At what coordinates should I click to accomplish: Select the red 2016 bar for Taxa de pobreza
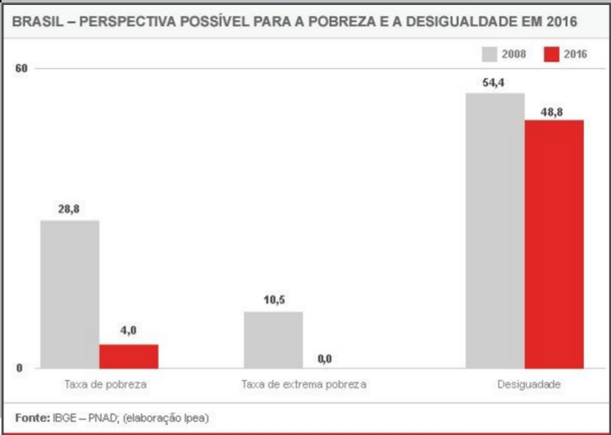tap(129, 356)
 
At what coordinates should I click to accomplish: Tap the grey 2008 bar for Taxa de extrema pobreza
tap(273, 340)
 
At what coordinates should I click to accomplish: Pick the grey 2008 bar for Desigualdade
tap(495, 230)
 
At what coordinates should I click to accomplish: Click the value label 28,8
tap(69, 210)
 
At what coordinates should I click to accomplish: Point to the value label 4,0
tap(128, 331)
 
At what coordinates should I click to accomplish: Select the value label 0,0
tap(325, 358)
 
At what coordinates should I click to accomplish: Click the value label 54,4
tap(494, 82)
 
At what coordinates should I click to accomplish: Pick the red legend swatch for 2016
tap(551, 54)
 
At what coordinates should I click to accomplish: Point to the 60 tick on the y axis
tap(22, 68)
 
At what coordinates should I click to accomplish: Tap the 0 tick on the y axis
tap(20, 368)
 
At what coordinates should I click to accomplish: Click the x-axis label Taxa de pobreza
tap(99, 384)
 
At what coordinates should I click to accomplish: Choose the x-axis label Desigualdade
tap(526, 384)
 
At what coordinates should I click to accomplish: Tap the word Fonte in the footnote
tap(30, 418)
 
